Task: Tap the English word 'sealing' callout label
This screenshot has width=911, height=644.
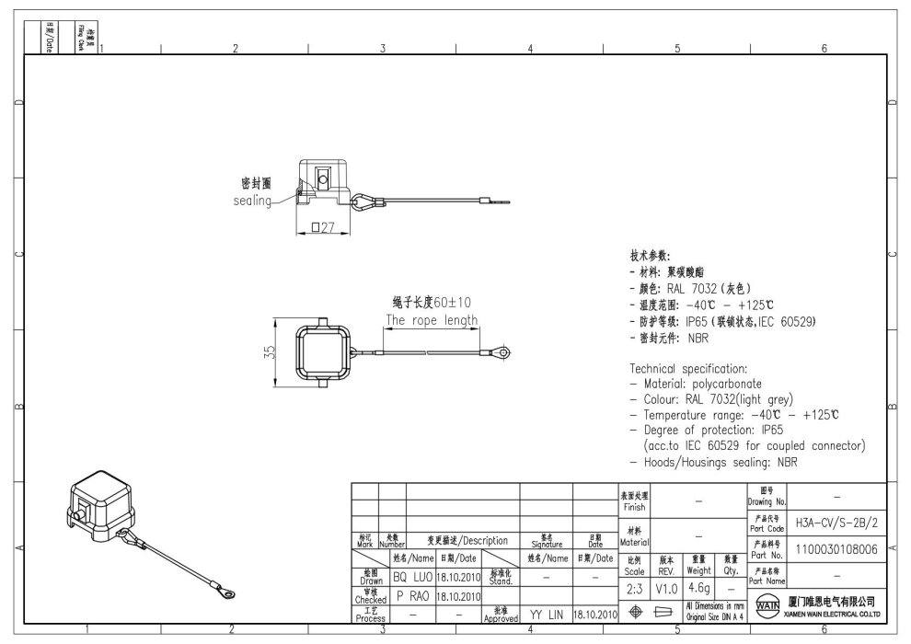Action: point(250,201)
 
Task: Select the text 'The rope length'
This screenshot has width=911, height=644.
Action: point(432,320)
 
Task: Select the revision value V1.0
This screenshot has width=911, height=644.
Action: point(669,586)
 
